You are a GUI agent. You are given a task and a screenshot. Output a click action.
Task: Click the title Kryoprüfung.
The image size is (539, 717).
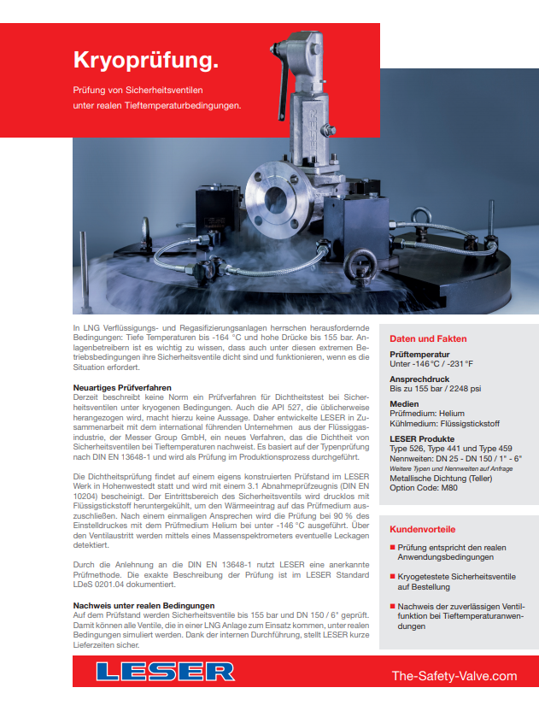146,60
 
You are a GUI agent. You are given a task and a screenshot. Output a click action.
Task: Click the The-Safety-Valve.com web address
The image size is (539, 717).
454,676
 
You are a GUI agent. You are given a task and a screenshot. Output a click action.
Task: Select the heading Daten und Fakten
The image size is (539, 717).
427,338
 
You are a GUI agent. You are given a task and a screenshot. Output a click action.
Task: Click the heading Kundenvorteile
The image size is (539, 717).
423,529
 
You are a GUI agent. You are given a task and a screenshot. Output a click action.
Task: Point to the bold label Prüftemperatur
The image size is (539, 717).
421,354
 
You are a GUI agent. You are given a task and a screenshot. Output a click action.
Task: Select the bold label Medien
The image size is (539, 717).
404,403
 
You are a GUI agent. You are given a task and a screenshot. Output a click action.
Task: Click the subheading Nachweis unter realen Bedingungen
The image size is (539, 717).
144,605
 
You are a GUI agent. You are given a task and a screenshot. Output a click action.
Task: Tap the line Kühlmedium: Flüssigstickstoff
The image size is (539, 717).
444,423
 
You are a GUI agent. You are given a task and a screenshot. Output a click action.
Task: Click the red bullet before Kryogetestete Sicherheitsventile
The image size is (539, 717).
393,577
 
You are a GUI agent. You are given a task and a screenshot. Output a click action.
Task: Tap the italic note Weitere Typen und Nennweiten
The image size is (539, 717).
439,469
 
